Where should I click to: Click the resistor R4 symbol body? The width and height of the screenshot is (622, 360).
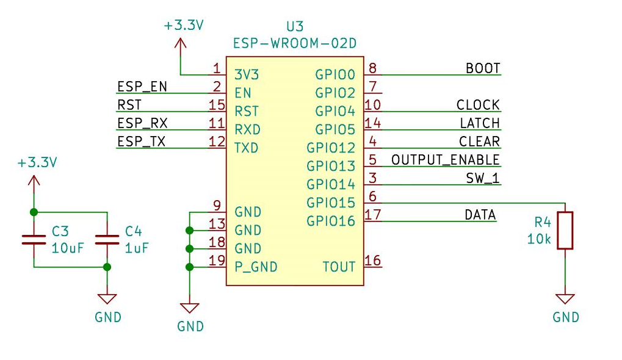566,230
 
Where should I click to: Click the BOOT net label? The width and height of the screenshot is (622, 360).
483,68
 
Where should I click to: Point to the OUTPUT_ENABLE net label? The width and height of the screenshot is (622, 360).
445,160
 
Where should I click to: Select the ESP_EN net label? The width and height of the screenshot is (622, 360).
142,87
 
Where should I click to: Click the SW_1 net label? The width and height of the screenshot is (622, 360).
482,178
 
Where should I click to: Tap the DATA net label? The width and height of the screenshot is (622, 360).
480,215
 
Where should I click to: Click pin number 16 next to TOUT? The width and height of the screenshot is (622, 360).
373,261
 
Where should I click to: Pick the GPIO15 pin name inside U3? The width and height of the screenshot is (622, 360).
331,203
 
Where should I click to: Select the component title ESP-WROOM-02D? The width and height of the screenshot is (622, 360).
294,44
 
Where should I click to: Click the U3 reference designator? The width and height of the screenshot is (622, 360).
294,27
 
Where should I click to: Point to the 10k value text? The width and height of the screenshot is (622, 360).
539,239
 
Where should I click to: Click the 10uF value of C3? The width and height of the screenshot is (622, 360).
67,248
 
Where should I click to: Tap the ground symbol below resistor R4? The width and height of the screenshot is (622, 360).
565,299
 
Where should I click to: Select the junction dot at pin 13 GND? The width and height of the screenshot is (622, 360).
190,230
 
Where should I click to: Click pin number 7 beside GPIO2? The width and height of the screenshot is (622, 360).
373,86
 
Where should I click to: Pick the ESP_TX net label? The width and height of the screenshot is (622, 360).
141,142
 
